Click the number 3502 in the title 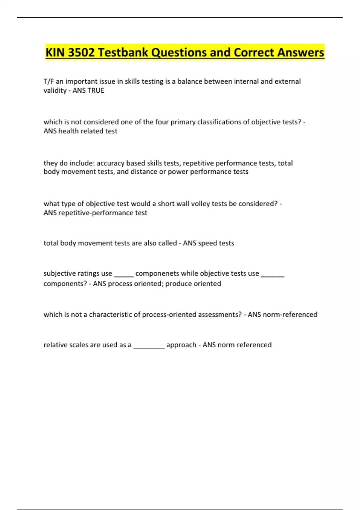pyautogui.click(x=81, y=52)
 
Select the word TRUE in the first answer pyautogui.click(x=96, y=91)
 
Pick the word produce pyautogui.click(x=178, y=284)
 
